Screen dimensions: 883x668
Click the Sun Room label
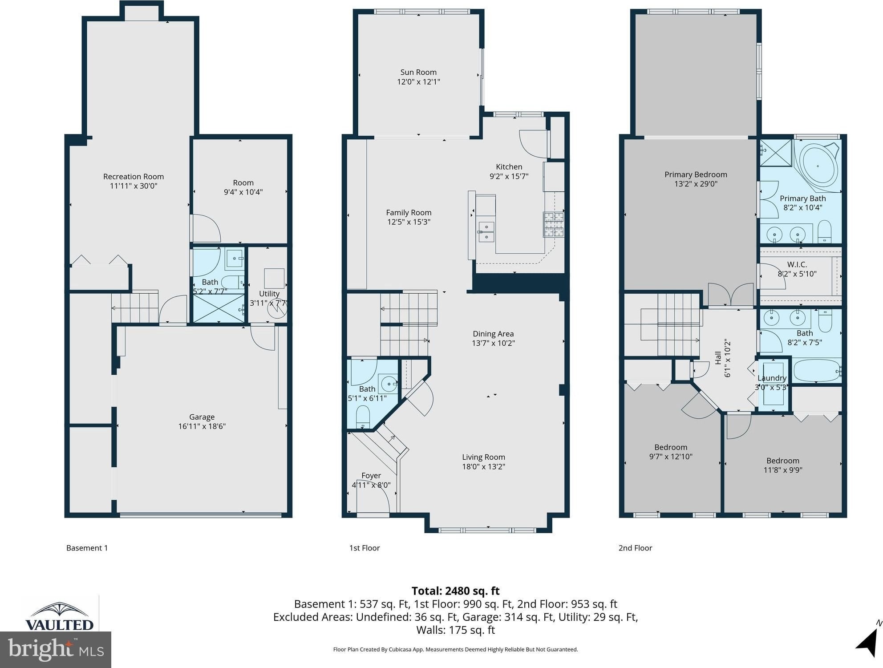tap(418, 72)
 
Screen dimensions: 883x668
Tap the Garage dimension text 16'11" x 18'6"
tap(202, 426)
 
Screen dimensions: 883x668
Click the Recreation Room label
tap(134, 177)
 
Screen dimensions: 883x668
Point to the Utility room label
tap(269, 294)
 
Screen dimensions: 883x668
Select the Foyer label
tap(371, 476)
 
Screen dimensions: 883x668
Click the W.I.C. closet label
tap(797, 264)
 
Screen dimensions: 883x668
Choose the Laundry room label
tap(772, 378)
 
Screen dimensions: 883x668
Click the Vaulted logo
tap(59, 615)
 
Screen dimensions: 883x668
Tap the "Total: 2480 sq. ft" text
tap(455, 591)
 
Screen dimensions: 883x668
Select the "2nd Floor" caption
tap(635, 548)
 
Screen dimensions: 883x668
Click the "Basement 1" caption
tap(87, 548)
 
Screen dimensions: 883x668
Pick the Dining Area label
tap(493, 334)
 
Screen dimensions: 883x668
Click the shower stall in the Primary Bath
tap(776, 153)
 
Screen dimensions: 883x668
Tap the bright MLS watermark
tap(56, 649)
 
